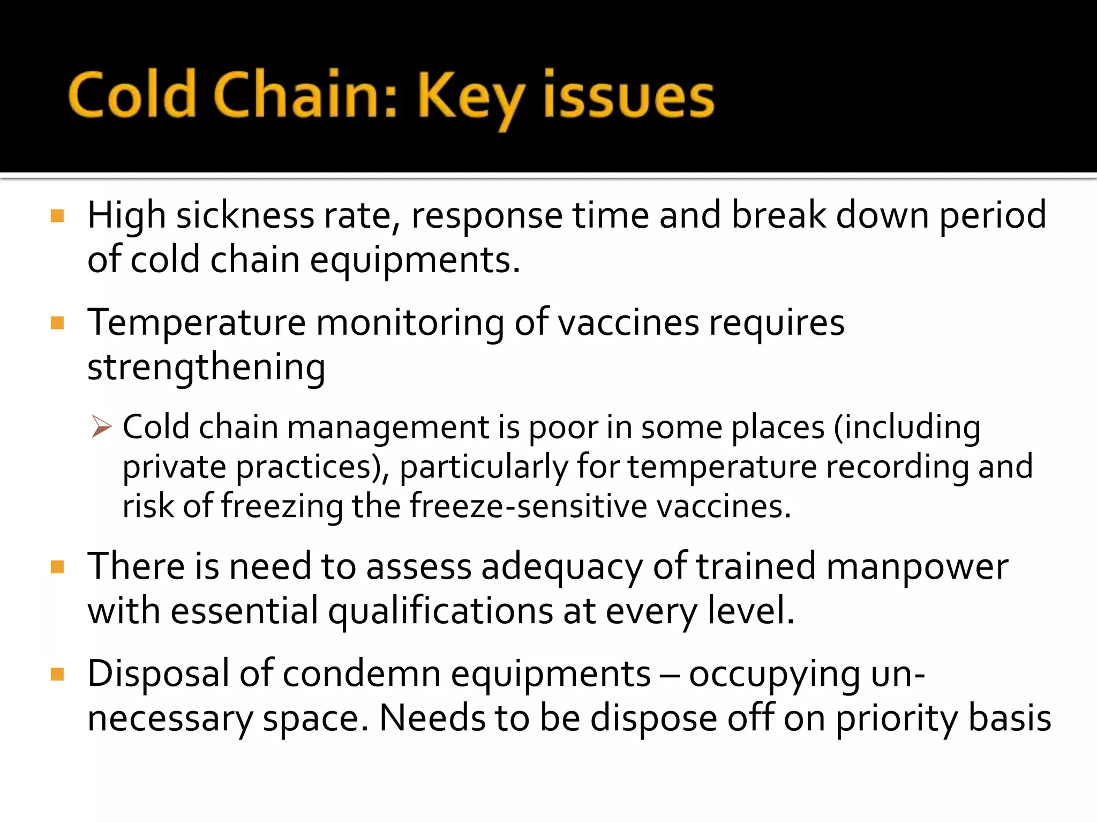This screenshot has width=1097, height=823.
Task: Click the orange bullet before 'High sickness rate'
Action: tap(57, 216)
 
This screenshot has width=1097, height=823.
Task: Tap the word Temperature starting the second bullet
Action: tap(197, 324)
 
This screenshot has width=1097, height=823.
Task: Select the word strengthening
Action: tap(206, 369)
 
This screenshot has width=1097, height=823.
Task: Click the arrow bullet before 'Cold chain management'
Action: tap(101, 427)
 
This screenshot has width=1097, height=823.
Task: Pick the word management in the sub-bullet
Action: tap(388, 428)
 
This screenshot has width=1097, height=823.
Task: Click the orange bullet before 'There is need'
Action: tap(57, 567)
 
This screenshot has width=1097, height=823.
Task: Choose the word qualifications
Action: tap(440, 612)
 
